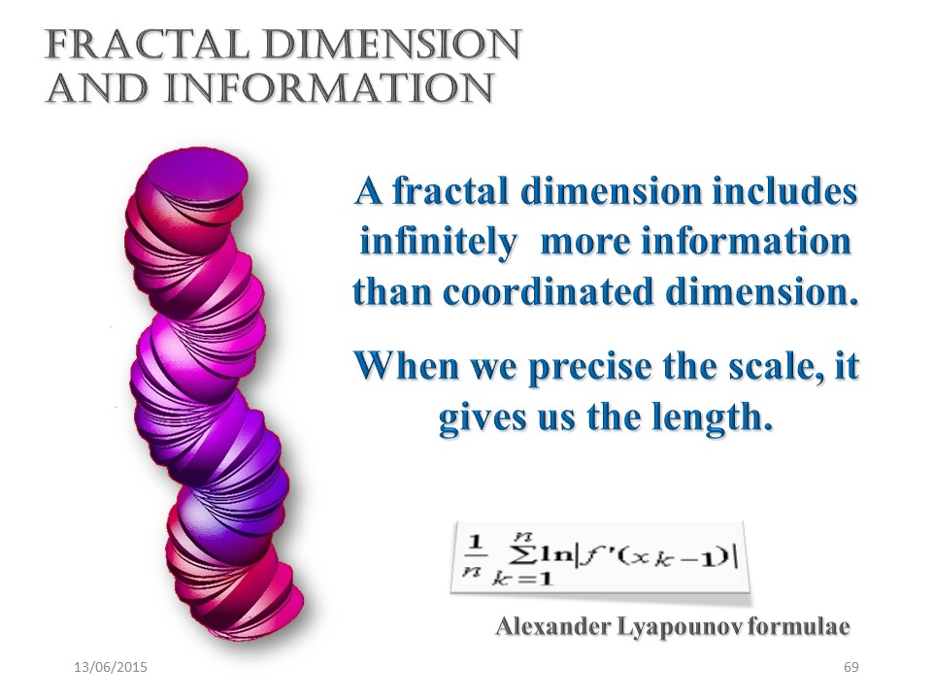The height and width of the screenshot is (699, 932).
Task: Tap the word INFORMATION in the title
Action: [329, 88]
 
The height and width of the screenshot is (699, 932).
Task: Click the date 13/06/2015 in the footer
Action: [111, 667]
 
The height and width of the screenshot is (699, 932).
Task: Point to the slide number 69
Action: [851, 667]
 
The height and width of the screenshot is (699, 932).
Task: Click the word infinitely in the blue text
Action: [439, 243]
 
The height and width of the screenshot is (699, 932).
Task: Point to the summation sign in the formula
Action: [523, 554]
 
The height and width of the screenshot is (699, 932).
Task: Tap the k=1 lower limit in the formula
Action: [522, 579]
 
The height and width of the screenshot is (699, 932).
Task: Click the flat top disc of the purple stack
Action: [197, 177]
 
